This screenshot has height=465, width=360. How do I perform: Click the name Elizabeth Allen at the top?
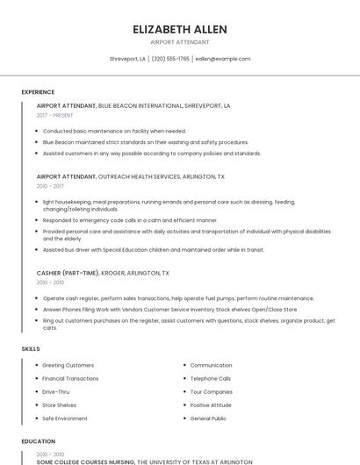tap(180, 29)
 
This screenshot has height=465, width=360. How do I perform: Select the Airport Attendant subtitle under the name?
tap(180, 41)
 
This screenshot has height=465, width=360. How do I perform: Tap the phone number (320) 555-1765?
tap(170, 59)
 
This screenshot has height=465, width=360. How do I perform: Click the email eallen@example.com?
tap(223, 59)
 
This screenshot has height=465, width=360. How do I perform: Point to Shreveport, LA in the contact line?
tap(127, 59)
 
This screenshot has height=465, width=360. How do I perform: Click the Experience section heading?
tap(38, 92)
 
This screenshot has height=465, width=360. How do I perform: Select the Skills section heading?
tap(30, 349)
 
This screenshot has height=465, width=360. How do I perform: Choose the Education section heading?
tap(38, 441)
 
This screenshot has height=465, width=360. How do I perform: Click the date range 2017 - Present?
tap(54, 115)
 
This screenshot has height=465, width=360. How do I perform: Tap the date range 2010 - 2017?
tap(50, 186)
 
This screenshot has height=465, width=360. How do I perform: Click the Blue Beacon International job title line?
tap(133, 105)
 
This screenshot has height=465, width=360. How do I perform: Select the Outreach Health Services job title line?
tap(130, 176)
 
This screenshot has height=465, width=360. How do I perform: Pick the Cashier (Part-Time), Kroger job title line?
tap(103, 273)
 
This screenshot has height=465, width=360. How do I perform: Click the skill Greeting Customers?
tap(68, 365)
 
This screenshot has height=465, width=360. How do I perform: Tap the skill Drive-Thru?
tap(56, 391)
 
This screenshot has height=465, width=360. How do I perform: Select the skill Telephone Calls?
tap(211, 378)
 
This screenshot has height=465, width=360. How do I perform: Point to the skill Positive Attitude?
tap(212, 405)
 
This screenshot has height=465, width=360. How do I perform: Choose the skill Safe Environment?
tap(65, 418)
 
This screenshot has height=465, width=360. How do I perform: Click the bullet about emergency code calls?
tap(130, 220)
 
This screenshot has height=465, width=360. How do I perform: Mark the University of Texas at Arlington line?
tap(144, 461)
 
